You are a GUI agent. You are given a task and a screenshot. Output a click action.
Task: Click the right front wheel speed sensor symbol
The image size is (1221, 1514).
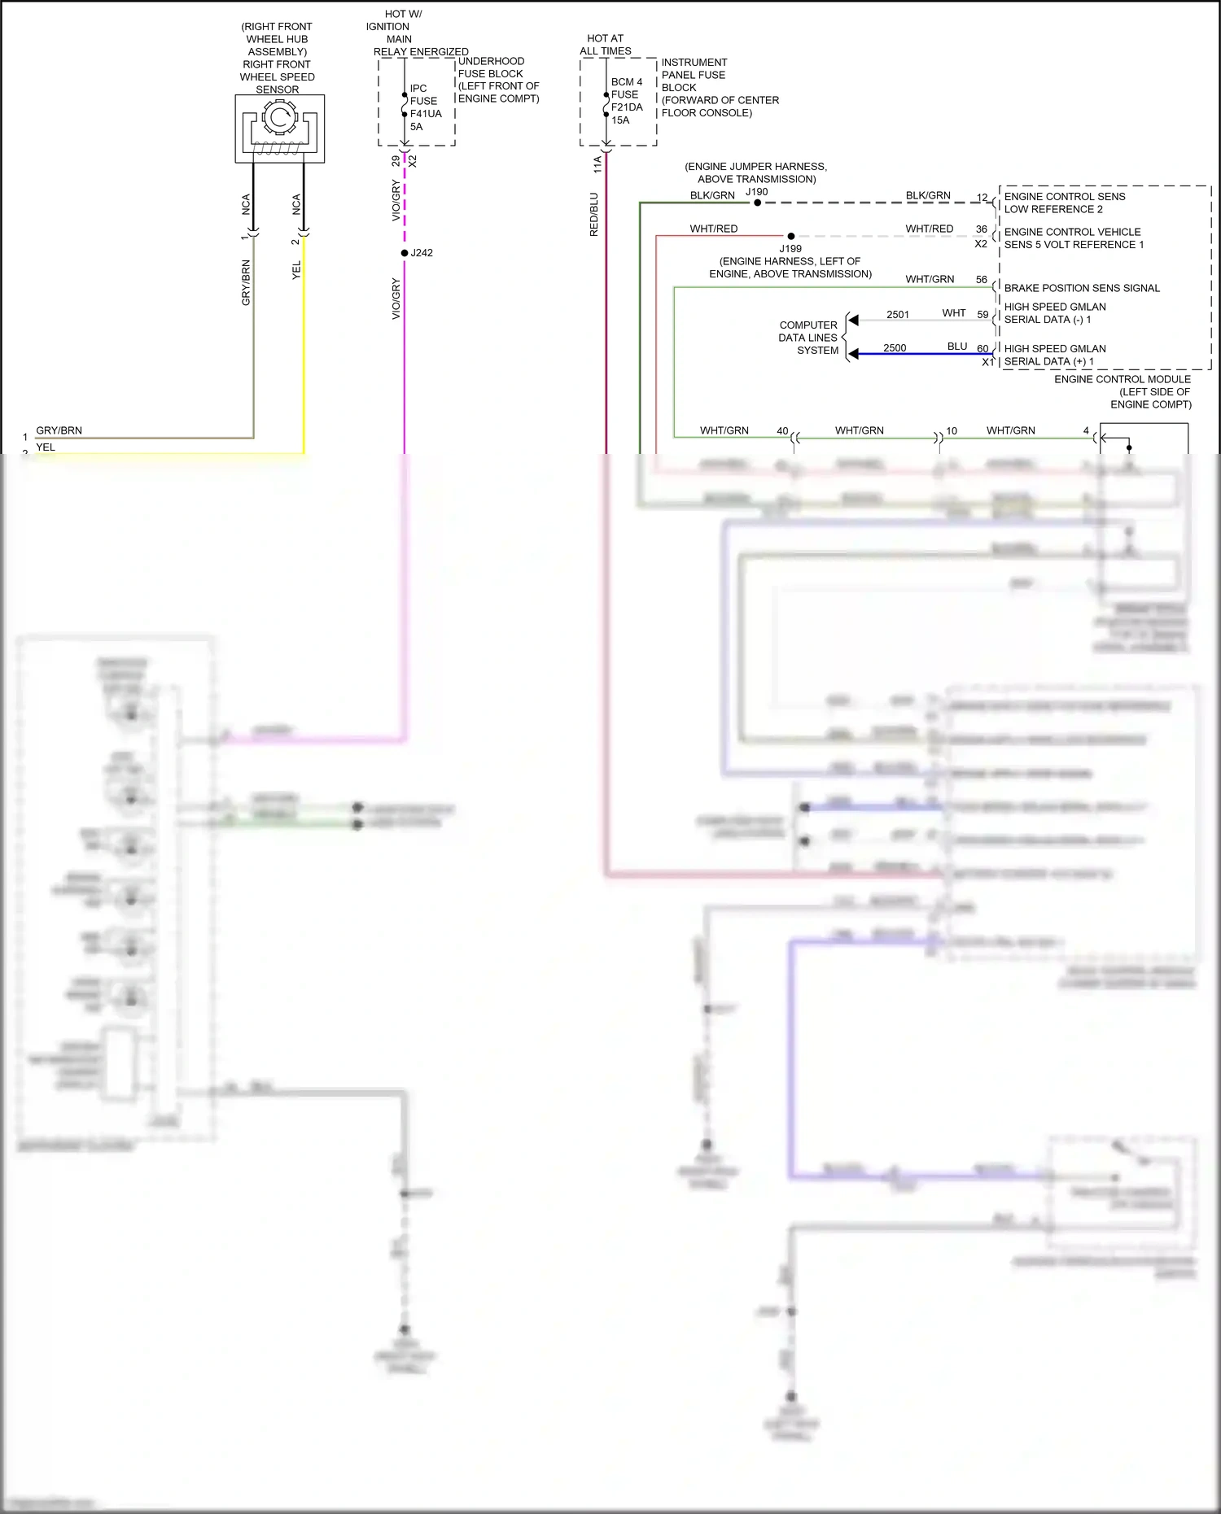point(279,129)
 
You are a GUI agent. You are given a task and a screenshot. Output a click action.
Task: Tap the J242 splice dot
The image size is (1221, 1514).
point(405,253)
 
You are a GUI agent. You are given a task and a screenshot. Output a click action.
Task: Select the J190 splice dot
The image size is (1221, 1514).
point(757,203)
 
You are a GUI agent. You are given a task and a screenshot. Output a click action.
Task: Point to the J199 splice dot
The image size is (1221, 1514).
point(790,237)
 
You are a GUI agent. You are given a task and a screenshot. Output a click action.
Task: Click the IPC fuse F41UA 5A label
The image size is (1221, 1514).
point(425,107)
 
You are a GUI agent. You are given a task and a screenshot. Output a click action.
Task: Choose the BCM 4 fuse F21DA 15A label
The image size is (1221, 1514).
point(627,101)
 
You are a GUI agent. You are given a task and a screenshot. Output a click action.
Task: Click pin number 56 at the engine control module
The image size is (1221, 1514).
point(982,279)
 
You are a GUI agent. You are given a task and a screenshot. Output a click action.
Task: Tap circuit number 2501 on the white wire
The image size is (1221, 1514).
point(898,314)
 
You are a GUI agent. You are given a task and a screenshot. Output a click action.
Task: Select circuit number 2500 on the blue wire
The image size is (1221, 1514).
point(895,347)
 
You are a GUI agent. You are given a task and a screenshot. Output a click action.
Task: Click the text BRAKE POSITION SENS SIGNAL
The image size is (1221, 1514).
point(1082,288)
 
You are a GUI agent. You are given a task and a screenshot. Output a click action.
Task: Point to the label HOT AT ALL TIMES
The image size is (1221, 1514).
point(605,45)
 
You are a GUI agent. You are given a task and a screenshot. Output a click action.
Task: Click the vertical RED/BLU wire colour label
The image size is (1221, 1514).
point(593,215)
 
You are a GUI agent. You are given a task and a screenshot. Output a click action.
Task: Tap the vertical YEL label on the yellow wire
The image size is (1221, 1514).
point(296,270)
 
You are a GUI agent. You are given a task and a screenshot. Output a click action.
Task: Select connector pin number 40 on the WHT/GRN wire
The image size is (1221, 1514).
point(782,431)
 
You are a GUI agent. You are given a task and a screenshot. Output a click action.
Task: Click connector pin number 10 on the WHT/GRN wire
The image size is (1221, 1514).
point(952,431)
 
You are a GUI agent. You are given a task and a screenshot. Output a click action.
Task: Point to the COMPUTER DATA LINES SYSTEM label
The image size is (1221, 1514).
point(807,338)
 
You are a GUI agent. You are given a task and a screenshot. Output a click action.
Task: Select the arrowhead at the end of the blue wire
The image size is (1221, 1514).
point(853,354)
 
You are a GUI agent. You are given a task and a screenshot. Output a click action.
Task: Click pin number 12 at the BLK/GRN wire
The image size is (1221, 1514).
point(982,197)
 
